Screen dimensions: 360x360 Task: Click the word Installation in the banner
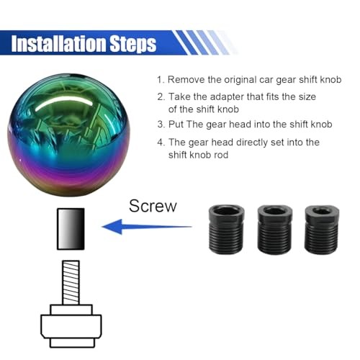point(58,43)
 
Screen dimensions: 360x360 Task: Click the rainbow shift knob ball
point(69,135)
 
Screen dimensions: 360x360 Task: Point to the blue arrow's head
point(112,227)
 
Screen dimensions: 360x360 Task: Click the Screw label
point(153,206)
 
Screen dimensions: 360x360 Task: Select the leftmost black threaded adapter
point(226,229)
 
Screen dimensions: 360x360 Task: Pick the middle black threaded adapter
point(275,230)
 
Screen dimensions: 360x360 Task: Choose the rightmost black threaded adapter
point(322,230)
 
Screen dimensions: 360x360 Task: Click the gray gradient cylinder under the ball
point(71,229)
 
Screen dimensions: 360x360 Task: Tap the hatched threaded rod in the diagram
point(71,283)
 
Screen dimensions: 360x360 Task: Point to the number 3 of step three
point(160,125)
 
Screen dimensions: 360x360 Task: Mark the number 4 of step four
point(161,143)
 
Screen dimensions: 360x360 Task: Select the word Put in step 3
point(176,125)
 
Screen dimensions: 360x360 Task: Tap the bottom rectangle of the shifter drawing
point(72,343)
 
